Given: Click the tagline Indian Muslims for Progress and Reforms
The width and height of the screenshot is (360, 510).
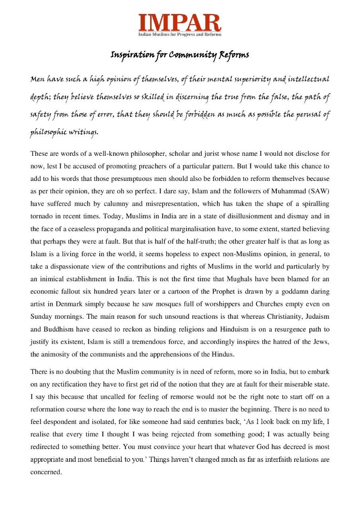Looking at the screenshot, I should coord(180,35).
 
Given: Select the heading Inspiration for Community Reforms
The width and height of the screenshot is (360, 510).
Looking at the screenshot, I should coord(180,55).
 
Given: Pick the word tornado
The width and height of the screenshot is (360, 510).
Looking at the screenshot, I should coord(41,216).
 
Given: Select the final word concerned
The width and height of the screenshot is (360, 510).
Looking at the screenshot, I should coord(46,472).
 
